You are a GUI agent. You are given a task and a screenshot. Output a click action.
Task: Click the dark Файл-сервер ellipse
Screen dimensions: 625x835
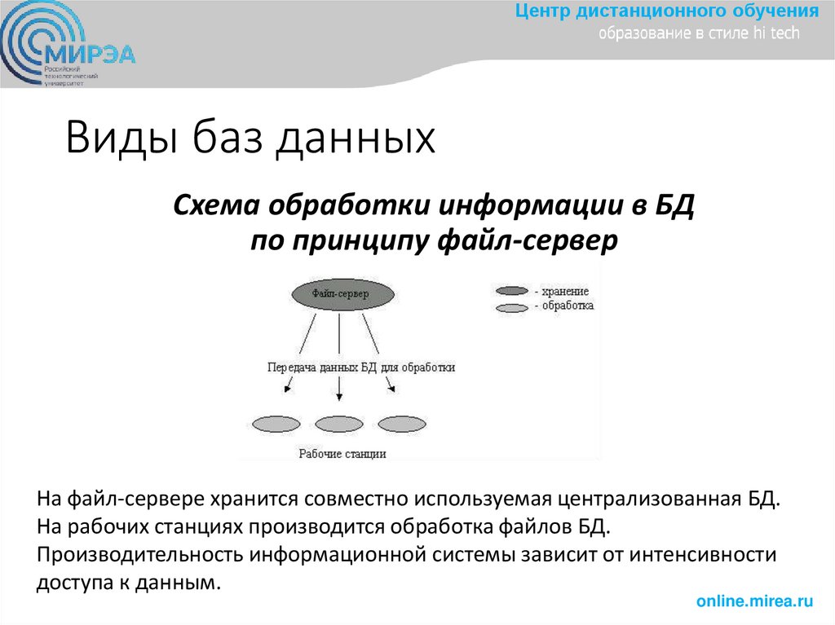(x=341, y=293)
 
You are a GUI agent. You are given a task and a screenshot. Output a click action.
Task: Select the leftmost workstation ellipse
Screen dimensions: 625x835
(x=277, y=424)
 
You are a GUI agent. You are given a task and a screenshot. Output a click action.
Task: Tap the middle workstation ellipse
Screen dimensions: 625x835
(x=339, y=424)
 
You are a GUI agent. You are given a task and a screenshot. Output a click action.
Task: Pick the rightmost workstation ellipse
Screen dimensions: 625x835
(x=402, y=424)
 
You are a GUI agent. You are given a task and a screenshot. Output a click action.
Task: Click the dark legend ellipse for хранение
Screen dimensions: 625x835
(x=511, y=291)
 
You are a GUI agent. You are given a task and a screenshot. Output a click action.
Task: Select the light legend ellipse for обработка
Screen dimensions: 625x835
(x=511, y=307)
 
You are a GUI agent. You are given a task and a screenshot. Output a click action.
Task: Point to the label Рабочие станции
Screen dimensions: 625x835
(x=342, y=454)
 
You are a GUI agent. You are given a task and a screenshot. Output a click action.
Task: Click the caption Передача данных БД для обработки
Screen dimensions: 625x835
(x=361, y=368)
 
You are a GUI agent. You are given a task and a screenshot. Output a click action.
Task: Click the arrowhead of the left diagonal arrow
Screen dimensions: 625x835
(x=286, y=391)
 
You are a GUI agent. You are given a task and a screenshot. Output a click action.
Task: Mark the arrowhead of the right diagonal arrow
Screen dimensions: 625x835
(x=392, y=390)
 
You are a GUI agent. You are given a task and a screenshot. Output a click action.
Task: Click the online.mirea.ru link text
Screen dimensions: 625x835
(x=754, y=601)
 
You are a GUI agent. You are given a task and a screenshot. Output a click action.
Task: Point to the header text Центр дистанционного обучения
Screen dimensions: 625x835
(x=666, y=11)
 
